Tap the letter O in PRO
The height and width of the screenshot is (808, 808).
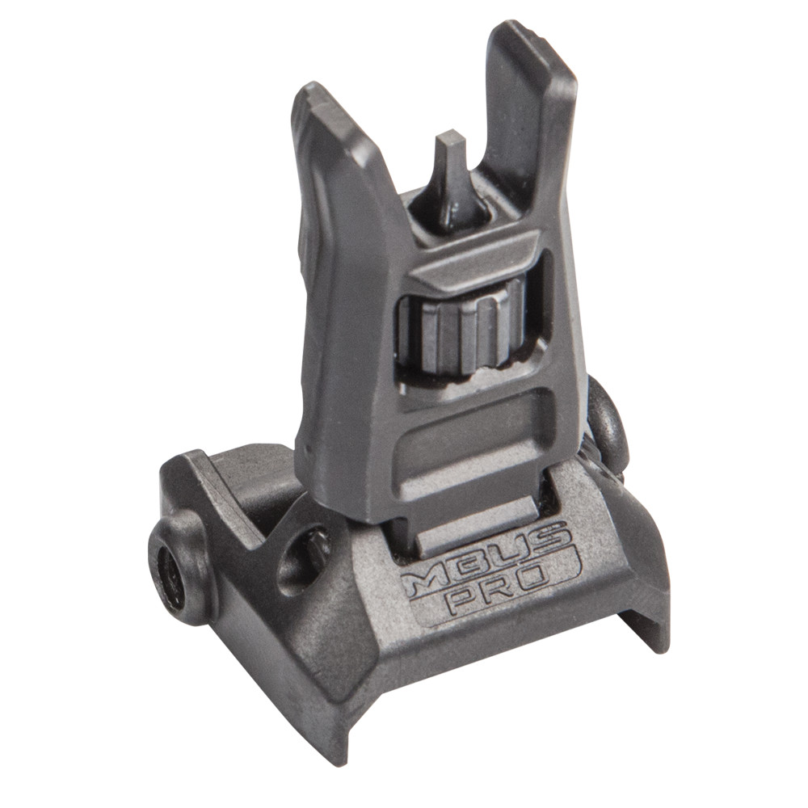point(549,579)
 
